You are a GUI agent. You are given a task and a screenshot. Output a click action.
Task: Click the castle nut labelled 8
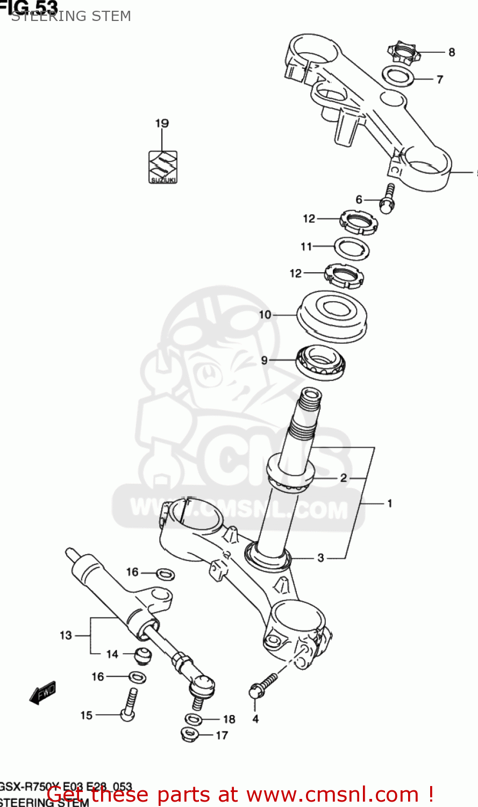402,53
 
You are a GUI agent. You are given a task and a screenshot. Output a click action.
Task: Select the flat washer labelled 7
398,76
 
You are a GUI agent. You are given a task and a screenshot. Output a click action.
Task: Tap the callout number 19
162,123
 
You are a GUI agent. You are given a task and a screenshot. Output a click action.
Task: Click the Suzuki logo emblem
163,167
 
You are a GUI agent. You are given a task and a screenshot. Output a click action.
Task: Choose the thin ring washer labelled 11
352,247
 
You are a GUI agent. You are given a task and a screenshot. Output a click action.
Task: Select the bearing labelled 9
322,362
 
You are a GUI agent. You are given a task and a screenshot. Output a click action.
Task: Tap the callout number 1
390,504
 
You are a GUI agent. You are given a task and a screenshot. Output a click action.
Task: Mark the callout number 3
321,558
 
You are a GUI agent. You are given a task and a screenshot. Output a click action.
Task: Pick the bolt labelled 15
129,705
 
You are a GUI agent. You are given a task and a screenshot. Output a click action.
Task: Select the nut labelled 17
189,733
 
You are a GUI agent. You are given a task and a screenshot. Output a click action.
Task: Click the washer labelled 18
194,719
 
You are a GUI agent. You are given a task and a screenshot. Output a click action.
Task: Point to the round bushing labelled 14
142,656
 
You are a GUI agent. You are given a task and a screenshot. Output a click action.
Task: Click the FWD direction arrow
43,692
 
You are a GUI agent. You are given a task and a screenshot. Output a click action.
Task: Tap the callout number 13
66,635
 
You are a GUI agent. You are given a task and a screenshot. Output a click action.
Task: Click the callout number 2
344,478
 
